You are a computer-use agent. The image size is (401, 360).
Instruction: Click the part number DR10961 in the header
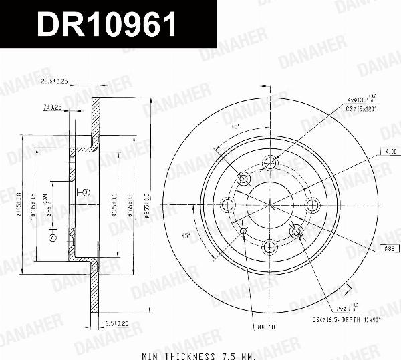click(107, 25)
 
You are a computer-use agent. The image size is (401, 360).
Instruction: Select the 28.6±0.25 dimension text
click(53, 81)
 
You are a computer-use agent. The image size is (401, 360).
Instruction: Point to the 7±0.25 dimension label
click(52, 107)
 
